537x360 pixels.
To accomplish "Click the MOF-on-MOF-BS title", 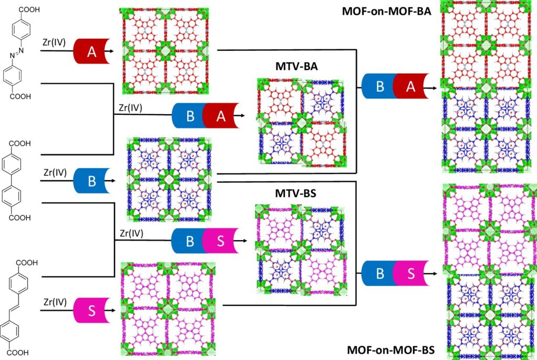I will click(x=390, y=350).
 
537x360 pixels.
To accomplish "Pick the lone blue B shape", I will click(x=91, y=181).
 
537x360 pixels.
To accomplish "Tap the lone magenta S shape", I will click(x=91, y=310).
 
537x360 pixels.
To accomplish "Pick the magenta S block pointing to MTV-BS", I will click(x=220, y=242).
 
